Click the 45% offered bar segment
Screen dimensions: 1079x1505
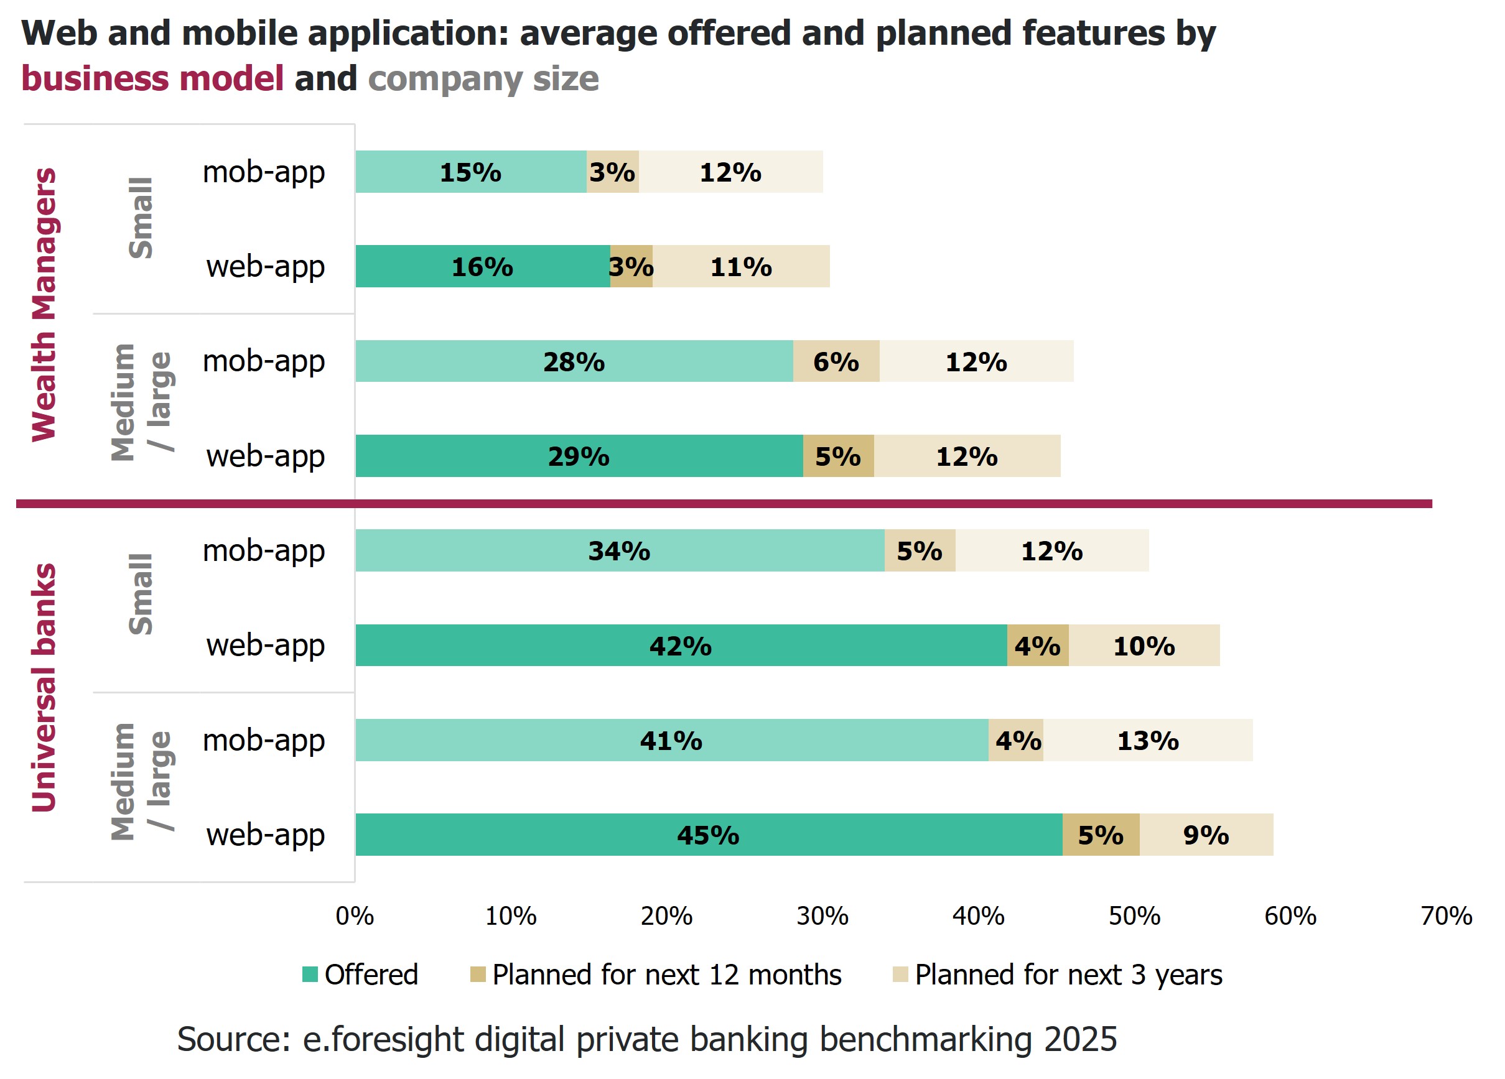pos(708,835)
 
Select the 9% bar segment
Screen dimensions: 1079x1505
pos(1206,835)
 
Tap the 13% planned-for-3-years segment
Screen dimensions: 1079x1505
pos(1147,739)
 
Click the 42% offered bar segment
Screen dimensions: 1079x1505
pos(680,645)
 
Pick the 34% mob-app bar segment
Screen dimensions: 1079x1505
pos(619,550)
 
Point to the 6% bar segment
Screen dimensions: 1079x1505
pos(836,361)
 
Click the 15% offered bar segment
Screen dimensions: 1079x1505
pos(470,172)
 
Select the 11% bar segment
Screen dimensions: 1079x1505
pos(740,266)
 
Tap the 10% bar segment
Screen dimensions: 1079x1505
pos(1144,645)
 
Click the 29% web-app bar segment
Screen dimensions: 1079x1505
pos(579,456)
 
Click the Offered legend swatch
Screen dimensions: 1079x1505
pos(310,975)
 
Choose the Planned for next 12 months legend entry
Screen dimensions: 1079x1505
pos(666,975)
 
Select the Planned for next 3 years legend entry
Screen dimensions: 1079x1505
pos(1067,975)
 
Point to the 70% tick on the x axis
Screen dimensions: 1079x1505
pos(1445,916)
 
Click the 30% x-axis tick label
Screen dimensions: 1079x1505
pos(822,916)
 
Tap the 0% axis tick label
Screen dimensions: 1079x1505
pos(355,916)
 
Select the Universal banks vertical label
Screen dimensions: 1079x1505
pos(44,687)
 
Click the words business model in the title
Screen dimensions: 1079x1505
pos(152,78)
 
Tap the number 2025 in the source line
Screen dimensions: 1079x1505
pos(1080,1039)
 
